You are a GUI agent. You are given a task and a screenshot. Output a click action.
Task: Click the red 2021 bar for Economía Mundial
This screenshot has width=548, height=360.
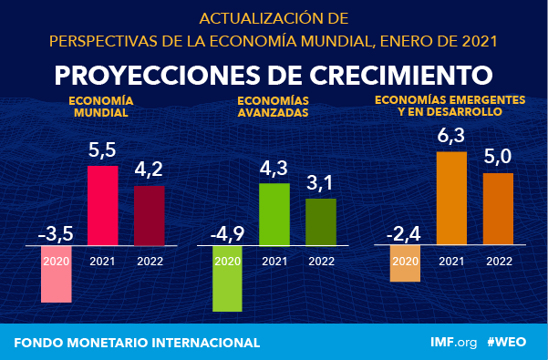102,205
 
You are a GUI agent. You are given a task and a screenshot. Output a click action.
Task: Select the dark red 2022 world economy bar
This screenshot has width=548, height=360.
150,215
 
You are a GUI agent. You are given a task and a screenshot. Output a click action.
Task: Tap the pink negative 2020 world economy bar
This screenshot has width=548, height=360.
56,274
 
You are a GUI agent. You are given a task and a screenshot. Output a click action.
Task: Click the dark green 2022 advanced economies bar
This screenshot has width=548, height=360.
320,221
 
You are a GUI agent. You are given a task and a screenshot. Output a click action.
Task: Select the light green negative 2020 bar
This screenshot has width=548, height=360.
227,279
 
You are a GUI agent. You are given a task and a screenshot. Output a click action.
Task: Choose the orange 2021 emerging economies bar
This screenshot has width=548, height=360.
451,198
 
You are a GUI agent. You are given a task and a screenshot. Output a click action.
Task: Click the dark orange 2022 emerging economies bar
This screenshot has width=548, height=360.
498,209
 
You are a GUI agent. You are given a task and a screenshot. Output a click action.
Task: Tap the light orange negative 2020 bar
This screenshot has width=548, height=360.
405,264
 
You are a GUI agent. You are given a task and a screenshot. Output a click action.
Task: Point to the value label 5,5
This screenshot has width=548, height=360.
102,149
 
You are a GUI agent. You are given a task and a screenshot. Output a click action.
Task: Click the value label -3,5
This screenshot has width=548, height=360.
55,231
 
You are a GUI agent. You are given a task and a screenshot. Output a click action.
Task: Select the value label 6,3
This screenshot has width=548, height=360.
451,137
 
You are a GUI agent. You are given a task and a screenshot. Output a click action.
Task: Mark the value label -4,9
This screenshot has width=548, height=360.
227,231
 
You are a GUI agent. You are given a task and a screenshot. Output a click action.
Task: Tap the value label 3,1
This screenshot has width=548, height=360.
320,183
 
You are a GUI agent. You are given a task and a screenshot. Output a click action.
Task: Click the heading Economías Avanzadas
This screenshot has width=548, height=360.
273,107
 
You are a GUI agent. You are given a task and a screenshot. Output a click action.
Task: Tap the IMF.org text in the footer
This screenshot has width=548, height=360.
453,342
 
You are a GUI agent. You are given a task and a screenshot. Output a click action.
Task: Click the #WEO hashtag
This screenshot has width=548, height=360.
509,342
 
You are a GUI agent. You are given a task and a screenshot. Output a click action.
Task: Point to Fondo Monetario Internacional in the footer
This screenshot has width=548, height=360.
137,342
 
